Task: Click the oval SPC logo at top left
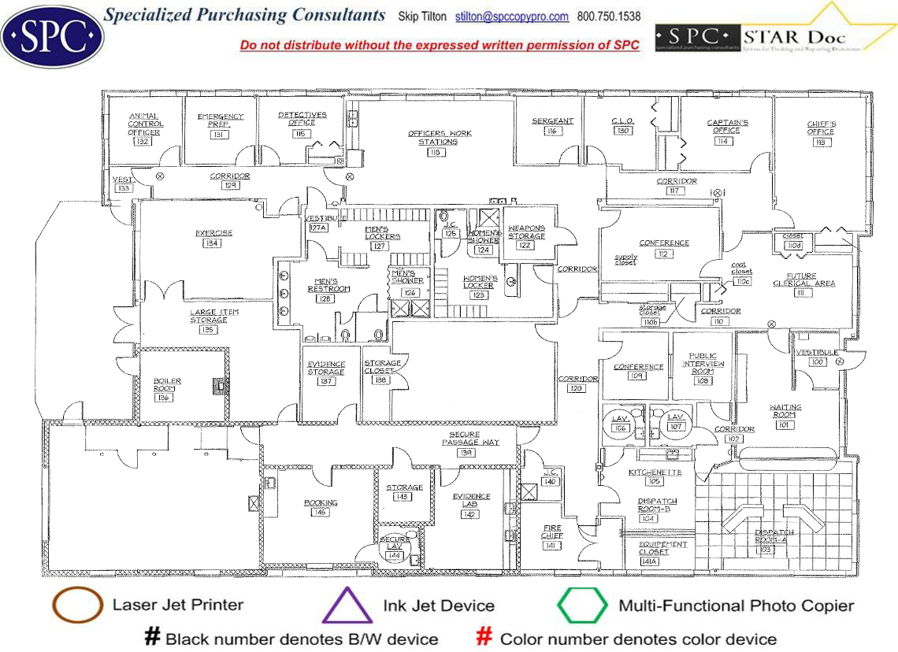point(52,34)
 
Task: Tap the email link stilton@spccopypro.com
point(511,17)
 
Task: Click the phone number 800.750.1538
point(609,17)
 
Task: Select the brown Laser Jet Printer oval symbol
point(77,606)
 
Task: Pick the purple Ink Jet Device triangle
point(347,606)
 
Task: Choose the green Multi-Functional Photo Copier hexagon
point(582,606)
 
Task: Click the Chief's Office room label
point(820,128)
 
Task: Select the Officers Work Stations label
point(439,137)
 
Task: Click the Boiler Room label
point(167,385)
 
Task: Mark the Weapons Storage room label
point(526,232)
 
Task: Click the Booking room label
point(321,502)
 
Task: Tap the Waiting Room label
point(785,411)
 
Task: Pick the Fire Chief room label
point(551,532)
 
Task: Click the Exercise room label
point(213,233)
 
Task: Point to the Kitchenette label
point(655,472)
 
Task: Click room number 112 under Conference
point(663,254)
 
